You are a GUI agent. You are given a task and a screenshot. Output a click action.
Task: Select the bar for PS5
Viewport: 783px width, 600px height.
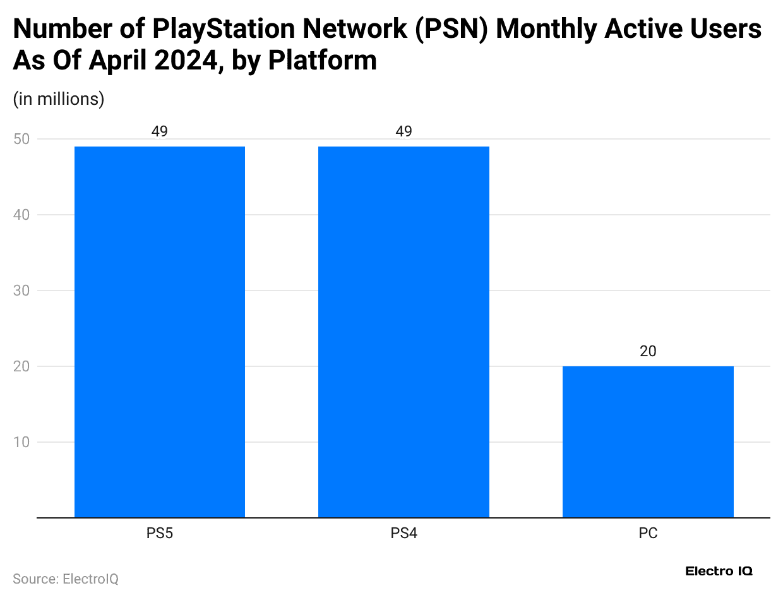coord(160,332)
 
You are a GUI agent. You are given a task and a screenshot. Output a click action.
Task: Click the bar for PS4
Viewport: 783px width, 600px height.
coord(403,332)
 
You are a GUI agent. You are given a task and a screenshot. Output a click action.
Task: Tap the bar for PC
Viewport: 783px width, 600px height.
coord(648,441)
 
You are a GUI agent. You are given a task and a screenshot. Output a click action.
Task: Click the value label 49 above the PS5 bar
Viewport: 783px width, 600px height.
coord(160,131)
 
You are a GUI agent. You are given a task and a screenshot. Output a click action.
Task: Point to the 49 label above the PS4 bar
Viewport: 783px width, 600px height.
coord(403,131)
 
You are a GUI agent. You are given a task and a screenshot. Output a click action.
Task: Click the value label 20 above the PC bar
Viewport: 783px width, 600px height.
coord(648,351)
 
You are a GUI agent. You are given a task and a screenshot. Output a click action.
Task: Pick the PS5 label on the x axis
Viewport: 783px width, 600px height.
coord(160,534)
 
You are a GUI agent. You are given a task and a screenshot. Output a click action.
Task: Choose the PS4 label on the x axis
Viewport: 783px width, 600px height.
coord(403,534)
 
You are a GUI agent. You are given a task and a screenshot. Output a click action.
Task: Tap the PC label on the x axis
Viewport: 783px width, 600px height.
coord(648,534)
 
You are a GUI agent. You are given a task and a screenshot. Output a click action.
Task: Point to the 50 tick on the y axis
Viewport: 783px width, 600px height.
coord(21,139)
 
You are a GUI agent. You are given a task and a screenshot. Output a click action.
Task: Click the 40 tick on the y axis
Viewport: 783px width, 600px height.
coord(21,215)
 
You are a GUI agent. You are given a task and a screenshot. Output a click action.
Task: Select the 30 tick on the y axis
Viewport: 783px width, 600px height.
coord(21,291)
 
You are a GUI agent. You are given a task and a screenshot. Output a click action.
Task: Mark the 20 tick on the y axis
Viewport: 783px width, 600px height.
coord(21,366)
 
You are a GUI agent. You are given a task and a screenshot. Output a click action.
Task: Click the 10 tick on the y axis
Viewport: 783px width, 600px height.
coord(21,442)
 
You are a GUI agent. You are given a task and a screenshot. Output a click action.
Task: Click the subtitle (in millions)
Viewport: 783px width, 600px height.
coord(58,99)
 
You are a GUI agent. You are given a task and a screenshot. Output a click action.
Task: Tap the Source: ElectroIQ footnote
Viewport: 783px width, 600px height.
coord(66,579)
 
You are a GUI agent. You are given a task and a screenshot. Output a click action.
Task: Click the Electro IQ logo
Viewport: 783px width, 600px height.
coord(719,571)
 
